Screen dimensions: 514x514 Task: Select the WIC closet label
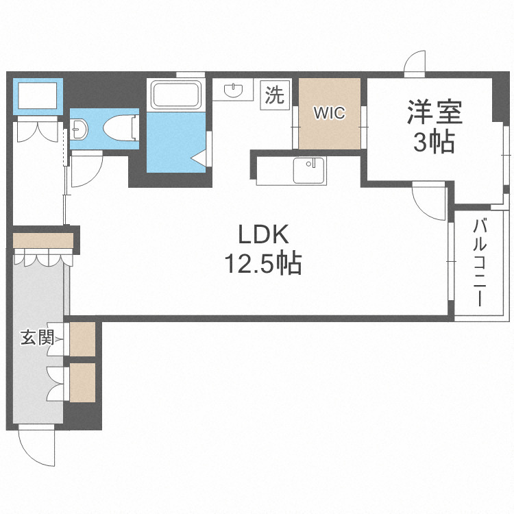[329, 113]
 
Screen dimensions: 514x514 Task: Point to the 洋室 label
[435, 111]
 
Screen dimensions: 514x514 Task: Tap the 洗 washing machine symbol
[274, 95]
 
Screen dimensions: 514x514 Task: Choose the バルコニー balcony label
[480, 261]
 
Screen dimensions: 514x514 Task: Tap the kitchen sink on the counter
[308, 170]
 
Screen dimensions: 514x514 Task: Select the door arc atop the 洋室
[415, 64]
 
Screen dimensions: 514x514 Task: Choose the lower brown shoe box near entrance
[83, 382]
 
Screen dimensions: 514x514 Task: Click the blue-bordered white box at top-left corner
[38, 96]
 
